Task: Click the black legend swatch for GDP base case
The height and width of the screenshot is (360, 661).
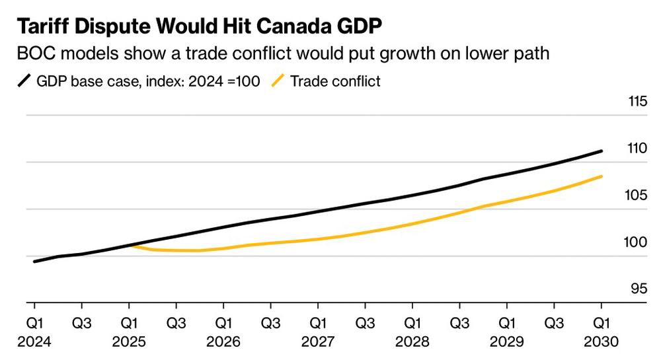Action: click(24, 81)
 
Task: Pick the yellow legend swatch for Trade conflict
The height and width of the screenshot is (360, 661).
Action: click(278, 81)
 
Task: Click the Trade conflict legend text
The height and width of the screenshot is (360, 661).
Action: click(335, 81)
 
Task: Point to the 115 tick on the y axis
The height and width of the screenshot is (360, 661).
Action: click(637, 101)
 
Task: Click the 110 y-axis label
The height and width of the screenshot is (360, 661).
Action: click(637, 148)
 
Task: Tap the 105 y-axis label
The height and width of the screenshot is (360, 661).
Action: click(636, 195)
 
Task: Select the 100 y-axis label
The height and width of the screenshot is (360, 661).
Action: click(635, 242)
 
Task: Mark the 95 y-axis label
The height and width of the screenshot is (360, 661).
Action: click(639, 289)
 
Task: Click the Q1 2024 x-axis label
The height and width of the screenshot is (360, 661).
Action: click(34, 332)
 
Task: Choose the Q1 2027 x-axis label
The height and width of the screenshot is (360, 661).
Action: click(318, 332)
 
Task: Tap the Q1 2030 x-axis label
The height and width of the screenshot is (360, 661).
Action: click(601, 332)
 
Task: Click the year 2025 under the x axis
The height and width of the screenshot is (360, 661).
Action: click(129, 342)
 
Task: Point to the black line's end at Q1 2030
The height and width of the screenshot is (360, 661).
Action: click(601, 151)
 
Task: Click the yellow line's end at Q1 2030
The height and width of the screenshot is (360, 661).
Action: click(601, 176)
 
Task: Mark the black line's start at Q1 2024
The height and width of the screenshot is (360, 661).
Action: click(34, 262)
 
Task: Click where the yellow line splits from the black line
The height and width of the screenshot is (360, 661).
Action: click(130, 245)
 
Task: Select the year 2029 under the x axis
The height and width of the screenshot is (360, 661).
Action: click(507, 342)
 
